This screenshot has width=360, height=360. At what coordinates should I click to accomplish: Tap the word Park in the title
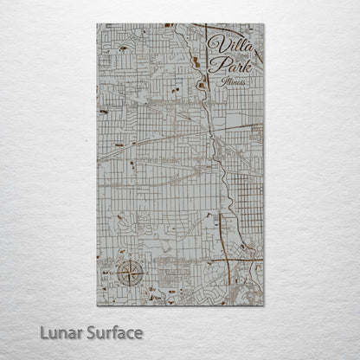232,67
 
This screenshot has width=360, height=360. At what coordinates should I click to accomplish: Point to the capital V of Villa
213,44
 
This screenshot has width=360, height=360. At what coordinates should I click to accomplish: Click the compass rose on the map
130,274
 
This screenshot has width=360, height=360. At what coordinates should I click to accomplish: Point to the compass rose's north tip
130,261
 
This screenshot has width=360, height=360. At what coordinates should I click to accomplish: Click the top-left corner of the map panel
98,24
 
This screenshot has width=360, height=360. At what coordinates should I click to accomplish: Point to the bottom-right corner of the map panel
264,305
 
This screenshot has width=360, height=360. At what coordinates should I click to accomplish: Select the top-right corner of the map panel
264,24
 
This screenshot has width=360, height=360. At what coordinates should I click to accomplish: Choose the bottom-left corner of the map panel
98,305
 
